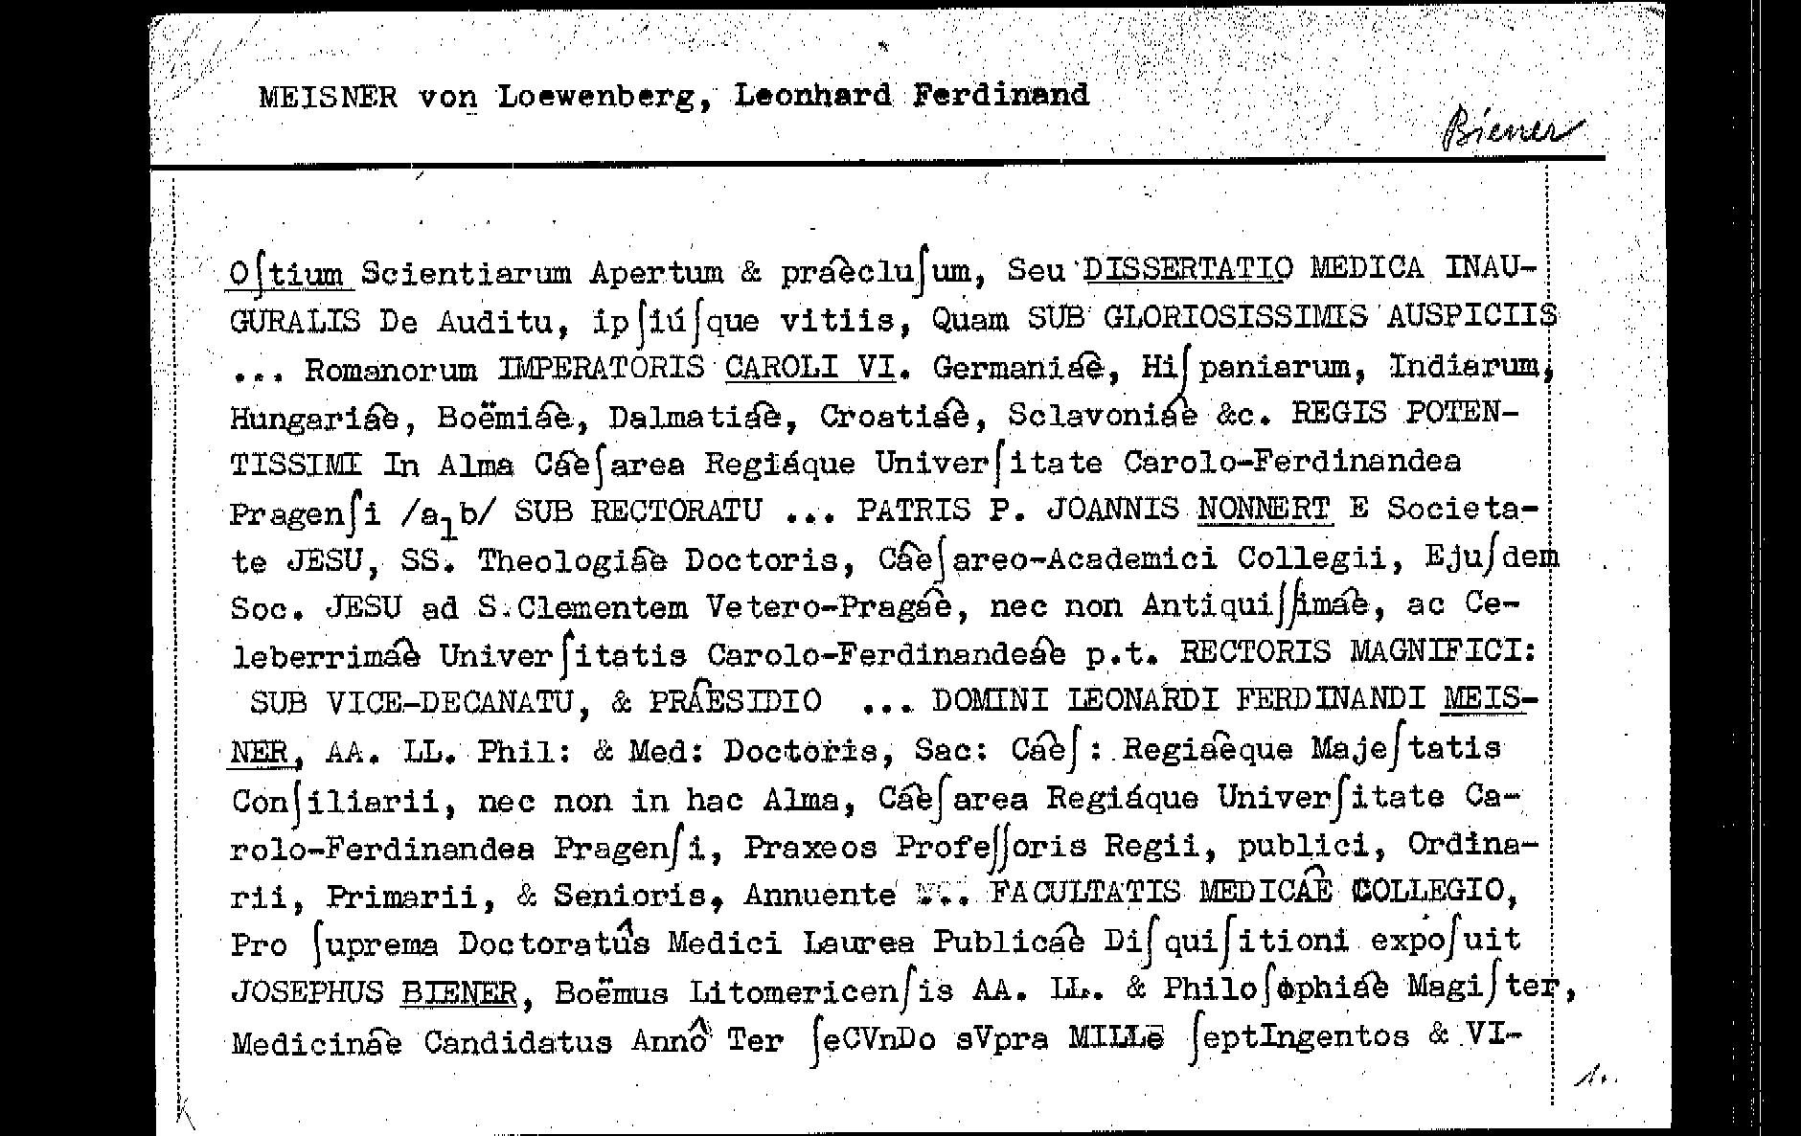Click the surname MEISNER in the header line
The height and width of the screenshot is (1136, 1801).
click(328, 97)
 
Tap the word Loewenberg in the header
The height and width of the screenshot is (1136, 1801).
click(597, 97)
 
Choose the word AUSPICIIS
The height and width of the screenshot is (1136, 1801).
click(1471, 316)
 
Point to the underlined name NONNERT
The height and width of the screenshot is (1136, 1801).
click(1264, 509)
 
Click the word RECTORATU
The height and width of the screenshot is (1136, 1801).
click(676, 511)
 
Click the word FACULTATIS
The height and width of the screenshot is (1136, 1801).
click(1085, 892)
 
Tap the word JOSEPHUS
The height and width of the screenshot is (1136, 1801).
click(307, 991)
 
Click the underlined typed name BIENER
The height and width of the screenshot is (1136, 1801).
click(459, 992)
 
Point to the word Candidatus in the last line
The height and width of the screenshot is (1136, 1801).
click(517, 1041)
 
